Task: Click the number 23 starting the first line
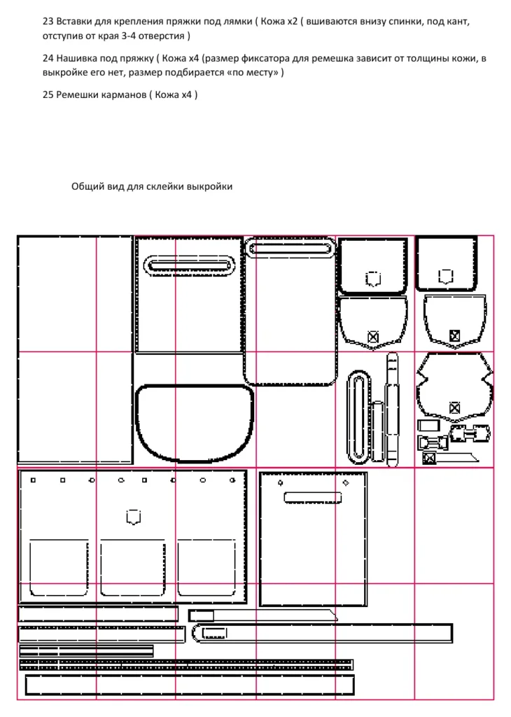pos(48,21)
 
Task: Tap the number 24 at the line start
pos(48,58)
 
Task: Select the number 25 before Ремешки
pos(48,95)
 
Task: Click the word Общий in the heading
pos(83,186)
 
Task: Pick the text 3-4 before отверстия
pos(129,36)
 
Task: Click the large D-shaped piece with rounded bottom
pos(195,385)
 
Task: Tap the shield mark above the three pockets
pos(133,517)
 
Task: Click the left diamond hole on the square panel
pos(280,483)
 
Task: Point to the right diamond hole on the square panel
pos(346,483)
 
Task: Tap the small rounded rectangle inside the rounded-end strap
pos(214,633)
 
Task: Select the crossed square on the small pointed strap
pos(428,458)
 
